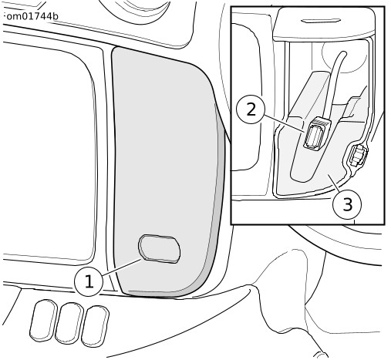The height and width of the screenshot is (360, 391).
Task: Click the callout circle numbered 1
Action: coord(89,281)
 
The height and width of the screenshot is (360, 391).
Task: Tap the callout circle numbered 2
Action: coord(251,109)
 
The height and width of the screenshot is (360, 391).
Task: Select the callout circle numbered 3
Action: coord(347,205)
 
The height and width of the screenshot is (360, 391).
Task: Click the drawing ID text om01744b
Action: coord(32,16)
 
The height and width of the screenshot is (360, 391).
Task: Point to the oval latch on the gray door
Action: coord(160,248)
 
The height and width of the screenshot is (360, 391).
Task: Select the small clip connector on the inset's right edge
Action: coord(357,156)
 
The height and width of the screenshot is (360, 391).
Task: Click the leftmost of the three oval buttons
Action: coord(43,320)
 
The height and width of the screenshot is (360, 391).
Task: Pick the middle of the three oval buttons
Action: coord(69,323)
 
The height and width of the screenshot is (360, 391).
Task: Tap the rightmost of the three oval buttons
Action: coord(95,326)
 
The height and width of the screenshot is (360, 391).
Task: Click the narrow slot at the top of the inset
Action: coord(321,21)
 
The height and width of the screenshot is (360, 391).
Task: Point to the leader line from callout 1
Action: coord(122,267)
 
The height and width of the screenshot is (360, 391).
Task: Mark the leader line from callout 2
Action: coord(285,124)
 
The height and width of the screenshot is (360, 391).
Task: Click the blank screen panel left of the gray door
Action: coord(48,152)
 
